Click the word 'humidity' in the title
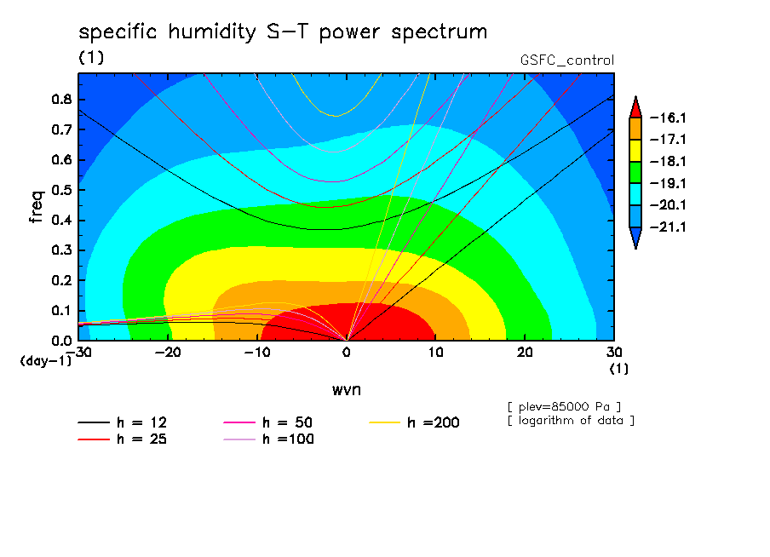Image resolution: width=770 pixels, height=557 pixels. click(x=211, y=32)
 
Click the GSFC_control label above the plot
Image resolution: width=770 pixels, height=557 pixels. click(x=567, y=60)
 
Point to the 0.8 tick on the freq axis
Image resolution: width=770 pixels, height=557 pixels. click(x=61, y=99)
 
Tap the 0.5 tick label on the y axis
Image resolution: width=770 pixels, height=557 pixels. click(x=61, y=190)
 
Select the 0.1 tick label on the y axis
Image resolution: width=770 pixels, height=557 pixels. click(x=61, y=311)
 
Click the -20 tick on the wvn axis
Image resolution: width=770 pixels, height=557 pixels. click(x=168, y=353)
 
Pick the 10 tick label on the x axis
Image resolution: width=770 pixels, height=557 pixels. click(x=436, y=353)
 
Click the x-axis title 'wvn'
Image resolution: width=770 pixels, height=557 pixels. click(x=347, y=390)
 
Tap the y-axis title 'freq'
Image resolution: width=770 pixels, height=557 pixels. click(x=37, y=207)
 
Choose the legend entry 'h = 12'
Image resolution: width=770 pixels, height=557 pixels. click(x=123, y=422)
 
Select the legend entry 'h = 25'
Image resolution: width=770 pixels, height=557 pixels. click(x=123, y=439)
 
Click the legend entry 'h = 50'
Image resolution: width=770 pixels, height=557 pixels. click(x=268, y=422)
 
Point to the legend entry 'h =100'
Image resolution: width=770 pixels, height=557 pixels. click(x=268, y=439)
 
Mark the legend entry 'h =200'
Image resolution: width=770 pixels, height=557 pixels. click(x=415, y=422)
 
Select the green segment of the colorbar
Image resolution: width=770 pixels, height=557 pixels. click(x=635, y=172)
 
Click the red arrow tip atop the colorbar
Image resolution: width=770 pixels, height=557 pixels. click(x=635, y=97)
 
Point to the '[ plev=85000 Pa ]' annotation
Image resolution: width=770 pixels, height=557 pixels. click(x=564, y=407)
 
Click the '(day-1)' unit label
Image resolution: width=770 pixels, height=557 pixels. click(x=45, y=361)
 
